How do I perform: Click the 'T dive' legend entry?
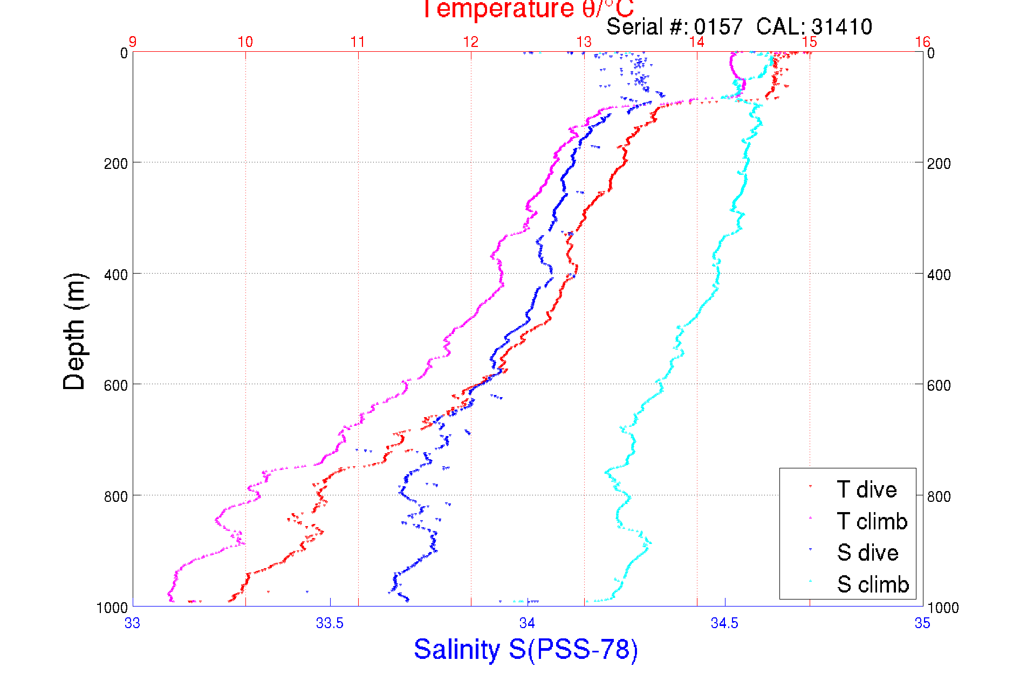(866, 489)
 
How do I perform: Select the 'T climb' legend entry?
(872, 521)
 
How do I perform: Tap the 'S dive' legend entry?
(867, 553)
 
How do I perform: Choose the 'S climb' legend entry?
(873, 584)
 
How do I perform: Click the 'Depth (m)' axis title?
(74, 331)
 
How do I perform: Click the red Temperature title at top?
(528, 9)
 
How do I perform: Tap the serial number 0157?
(718, 26)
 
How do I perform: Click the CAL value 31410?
(841, 26)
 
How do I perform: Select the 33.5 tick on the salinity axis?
(330, 623)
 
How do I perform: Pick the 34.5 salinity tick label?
(724, 623)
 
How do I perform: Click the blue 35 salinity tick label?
(922, 623)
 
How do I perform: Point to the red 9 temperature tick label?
(133, 42)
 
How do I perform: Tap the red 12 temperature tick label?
(471, 42)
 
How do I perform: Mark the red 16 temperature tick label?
(922, 42)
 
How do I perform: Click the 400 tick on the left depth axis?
(116, 274)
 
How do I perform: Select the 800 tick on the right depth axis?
(939, 496)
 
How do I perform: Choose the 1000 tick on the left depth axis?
(112, 608)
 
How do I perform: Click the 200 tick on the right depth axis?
(939, 163)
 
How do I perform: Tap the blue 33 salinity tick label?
(133, 623)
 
